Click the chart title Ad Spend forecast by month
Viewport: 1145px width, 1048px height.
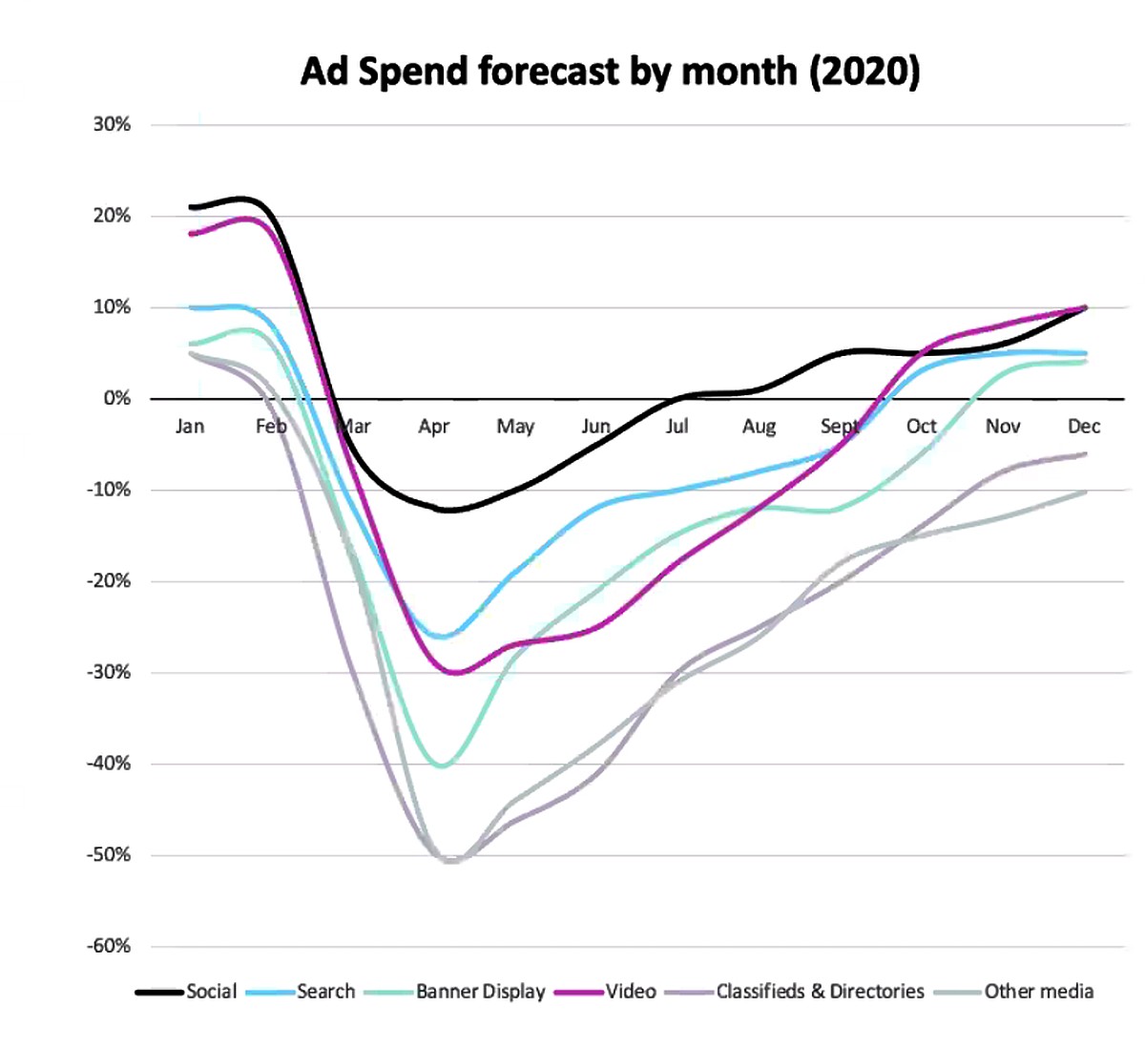pos(610,72)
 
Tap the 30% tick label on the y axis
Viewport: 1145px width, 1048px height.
pos(112,124)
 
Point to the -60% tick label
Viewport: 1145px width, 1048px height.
pos(109,946)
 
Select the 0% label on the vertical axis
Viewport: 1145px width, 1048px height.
pos(116,398)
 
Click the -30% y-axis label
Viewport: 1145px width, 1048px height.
pos(109,672)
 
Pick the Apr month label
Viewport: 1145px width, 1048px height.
pos(433,427)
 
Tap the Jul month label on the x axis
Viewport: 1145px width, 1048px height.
pos(677,426)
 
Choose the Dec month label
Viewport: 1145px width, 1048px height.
pos(1084,426)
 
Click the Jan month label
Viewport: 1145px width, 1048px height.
pos(190,426)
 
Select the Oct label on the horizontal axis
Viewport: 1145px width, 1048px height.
pos(921,426)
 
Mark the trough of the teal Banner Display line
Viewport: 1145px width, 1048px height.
pos(443,765)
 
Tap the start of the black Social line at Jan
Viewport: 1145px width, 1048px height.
pos(192,207)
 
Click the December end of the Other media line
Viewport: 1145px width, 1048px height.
pos(1085,492)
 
